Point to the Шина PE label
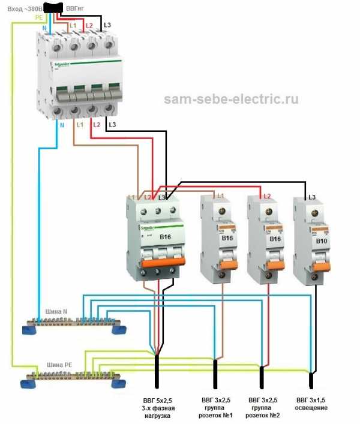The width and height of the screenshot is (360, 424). point(59,364)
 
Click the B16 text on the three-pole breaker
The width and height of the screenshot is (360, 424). point(165,237)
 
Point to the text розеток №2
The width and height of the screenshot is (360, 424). point(262,415)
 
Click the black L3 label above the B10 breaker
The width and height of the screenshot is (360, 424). point(311,197)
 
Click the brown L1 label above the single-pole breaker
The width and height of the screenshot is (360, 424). point(220,197)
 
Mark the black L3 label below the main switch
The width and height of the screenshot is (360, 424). point(112,125)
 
